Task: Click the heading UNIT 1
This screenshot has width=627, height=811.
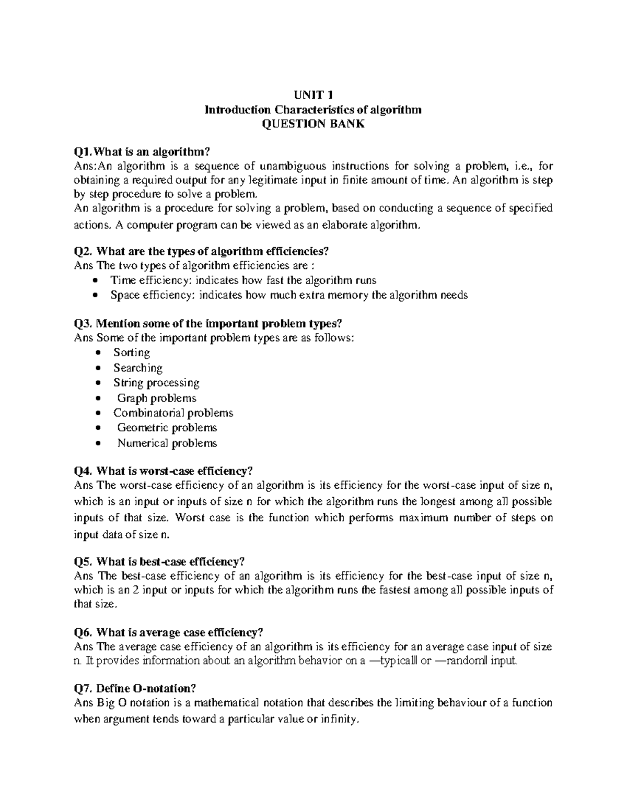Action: tap(313, 95)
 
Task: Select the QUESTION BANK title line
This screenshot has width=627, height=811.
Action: tap(313, 124)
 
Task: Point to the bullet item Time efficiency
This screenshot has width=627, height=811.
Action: tap(243, 280)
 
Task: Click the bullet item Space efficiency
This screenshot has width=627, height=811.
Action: tap(288, 295)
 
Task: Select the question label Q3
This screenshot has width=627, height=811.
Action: tap(83, 323)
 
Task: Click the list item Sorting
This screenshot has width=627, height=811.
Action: tap(132, 352)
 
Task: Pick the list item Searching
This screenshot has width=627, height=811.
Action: tap(138, 368)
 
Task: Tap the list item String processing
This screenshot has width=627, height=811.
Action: tap(156, 383)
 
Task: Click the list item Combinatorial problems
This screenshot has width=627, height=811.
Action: tap(173, 413)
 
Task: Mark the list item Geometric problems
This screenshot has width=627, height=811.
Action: tap(167, 428)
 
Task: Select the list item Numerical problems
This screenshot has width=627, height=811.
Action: tap(167, 443)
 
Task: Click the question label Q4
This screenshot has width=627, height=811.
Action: tap(83, 471)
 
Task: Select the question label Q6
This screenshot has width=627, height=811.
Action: tap(83, 632)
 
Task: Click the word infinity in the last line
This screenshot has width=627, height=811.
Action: tap(339, 719)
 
